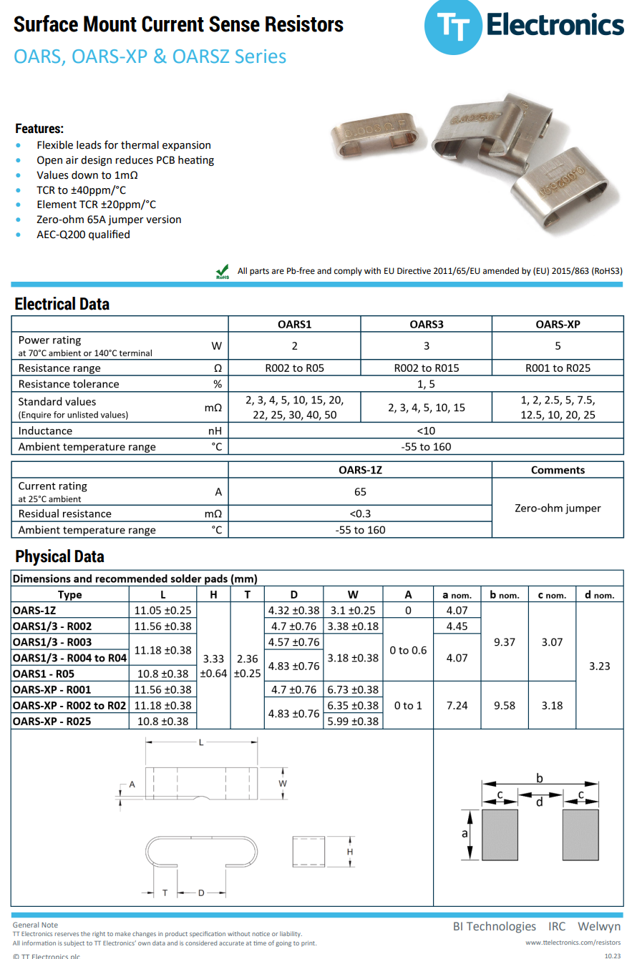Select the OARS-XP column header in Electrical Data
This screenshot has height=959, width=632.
click(558, 324)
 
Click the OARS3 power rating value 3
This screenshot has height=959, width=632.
click(427, 346)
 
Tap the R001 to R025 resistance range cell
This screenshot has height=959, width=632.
click(558, 368)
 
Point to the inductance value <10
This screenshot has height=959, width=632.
click(427, 431)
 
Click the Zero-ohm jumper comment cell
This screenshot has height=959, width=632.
click(558, 508)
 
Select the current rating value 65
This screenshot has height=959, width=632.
click(360, 491)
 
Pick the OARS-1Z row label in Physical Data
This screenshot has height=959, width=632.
click(34, 611)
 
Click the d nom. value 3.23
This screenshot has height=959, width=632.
click(599, 666)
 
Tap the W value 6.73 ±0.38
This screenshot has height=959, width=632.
click(353, 690)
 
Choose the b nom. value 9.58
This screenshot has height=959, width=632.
click(505, 705)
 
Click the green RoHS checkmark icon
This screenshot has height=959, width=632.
click(223, 271)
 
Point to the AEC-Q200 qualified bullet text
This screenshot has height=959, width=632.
click(83, 235)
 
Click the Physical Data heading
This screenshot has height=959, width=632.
click(59, 556)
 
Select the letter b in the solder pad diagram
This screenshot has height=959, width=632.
click(539, 777)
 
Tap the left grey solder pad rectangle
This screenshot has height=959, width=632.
click(500, 835)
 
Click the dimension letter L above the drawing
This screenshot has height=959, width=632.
click(201, 743)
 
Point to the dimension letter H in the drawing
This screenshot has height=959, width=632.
click(349, 852)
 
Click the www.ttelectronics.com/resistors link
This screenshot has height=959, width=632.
click(573, 943)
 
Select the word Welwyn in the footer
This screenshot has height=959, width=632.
click(599, 926)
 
